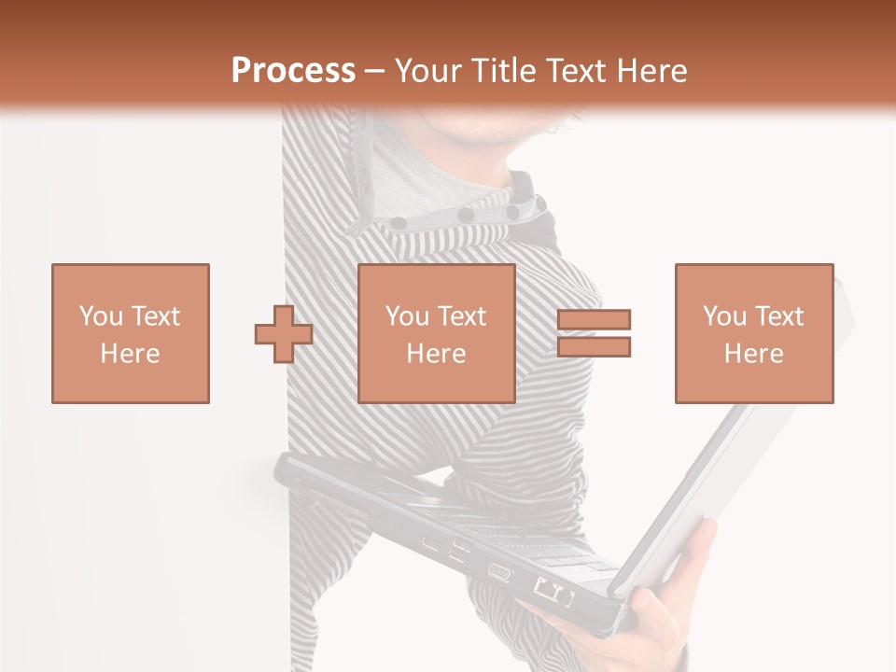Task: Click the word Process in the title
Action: pos(293,71)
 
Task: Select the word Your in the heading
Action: pos(428,71)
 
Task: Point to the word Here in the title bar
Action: pos(647,71)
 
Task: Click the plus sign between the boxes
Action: pos(284,334)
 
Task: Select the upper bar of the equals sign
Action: pos(595,320)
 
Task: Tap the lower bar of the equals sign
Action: pos(595,347)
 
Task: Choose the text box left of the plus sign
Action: pos(131,333)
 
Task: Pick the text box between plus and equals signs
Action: pos(437,333)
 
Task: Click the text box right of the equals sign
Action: pos(754,333)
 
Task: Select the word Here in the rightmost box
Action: pos(754,353)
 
